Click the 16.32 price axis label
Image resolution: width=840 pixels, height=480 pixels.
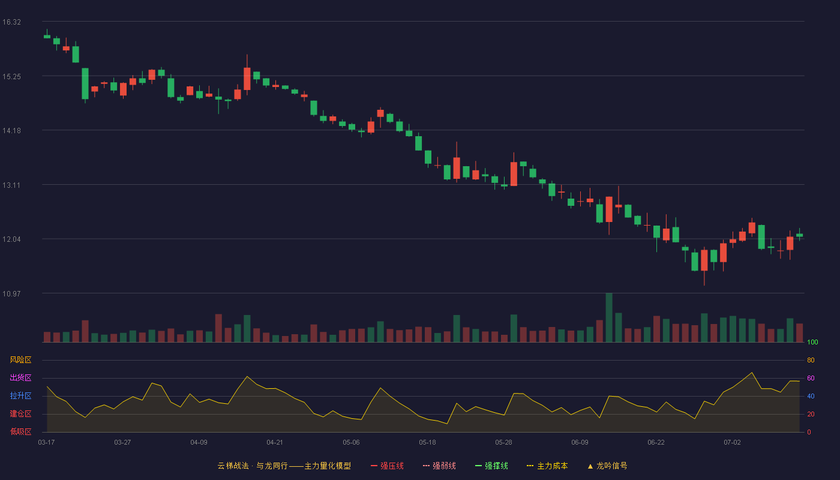coord(11,22)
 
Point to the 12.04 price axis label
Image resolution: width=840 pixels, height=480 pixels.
coord(11,239)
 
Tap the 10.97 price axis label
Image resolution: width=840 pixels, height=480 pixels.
coord(11,293)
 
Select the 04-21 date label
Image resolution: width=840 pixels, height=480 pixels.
coord(275,443)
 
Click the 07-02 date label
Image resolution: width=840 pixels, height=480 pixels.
coord(732,443)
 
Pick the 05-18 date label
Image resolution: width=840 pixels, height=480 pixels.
coord(427,443)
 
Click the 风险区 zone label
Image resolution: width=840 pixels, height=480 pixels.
coord(20,360)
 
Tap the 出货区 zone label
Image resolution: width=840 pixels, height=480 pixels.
coord(20,377)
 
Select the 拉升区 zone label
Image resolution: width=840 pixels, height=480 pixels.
coord(20,395)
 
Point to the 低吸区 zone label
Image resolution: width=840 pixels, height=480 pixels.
coord(20,431)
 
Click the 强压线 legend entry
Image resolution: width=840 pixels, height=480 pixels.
coord(387,466)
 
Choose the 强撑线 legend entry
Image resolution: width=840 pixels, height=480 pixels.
coord(491,466)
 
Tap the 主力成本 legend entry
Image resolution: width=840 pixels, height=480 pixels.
coord(547,466)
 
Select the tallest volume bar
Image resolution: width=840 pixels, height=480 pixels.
coord(609,317)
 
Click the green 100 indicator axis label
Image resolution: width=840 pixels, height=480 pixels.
coord(812,342)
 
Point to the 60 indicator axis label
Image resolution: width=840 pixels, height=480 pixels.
coord(811,378)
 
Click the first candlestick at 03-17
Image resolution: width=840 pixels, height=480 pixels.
coord(47,37)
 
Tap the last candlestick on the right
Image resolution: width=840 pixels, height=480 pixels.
coord(799,235)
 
